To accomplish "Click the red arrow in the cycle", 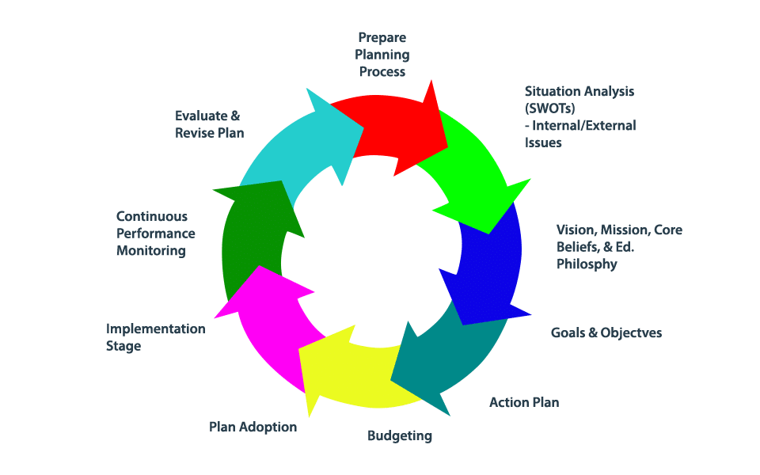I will (392, 127).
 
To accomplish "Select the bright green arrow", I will (471, 170).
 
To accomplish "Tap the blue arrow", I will (487, 265).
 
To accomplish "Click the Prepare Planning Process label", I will (383, 54).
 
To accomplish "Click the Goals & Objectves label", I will (606, 332).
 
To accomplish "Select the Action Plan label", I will (524, 402).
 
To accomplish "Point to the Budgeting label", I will (400, 435).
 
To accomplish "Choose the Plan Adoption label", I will (253, 427).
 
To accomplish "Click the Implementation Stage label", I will (155, 337).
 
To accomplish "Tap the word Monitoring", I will (150, 251).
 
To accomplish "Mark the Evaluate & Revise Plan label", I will (209, 123).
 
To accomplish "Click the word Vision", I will (576, 230).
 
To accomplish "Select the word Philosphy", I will (586, 264).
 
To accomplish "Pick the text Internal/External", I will (585, 125).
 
